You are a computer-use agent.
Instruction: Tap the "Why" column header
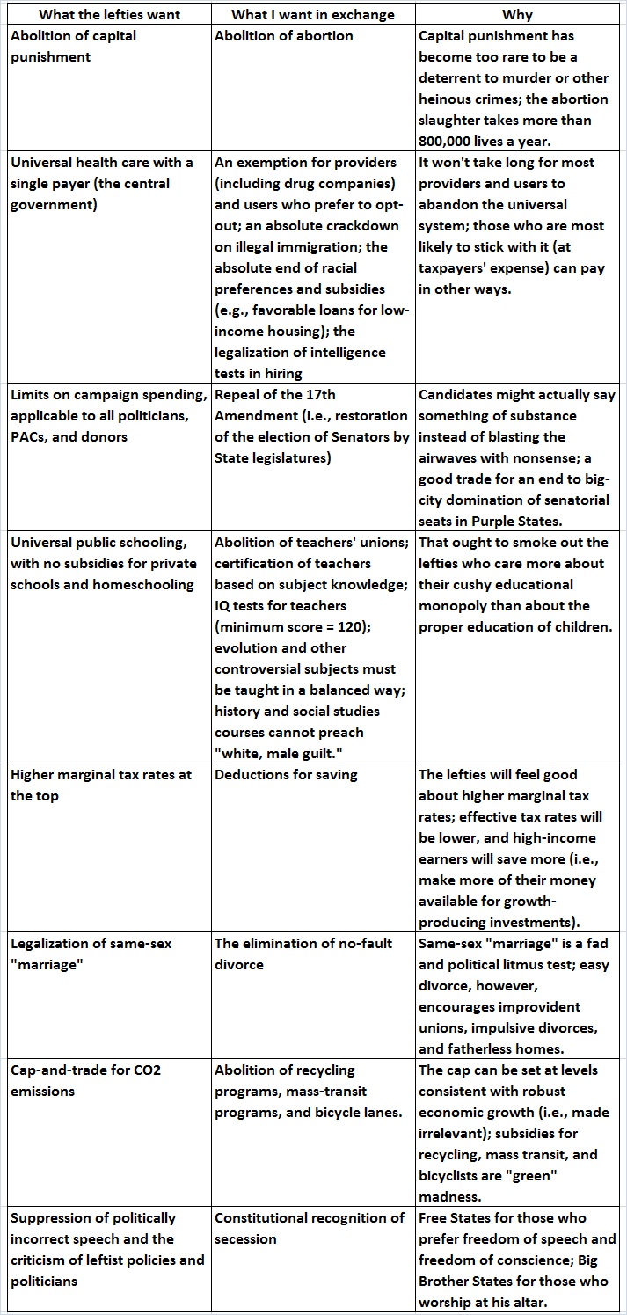coord(517,14)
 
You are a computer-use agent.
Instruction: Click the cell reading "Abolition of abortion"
coord(284,36)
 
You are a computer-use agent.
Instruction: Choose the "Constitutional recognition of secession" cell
coord(310,1228)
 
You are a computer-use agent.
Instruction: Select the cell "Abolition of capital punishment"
coord(74,47)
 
